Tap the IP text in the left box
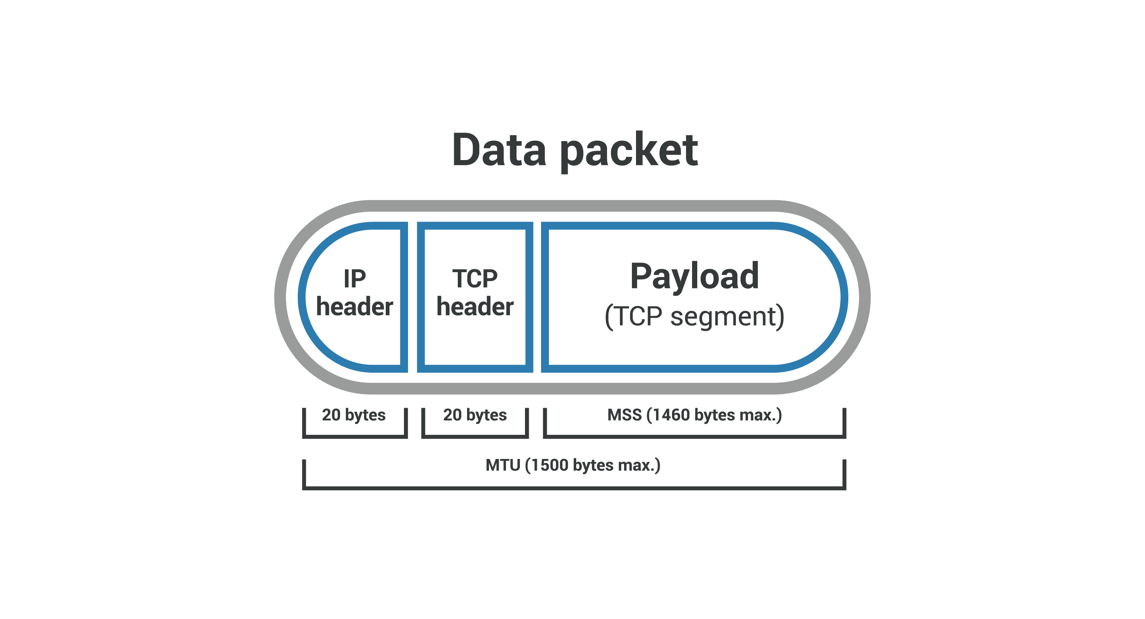pyautogui.click(x=355, y=279)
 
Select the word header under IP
pyautogui.click(x=355, y=307)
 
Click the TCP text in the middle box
pyautogui.click(x=475, y=279)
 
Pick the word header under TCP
pyautogui.click(x=475, y=307)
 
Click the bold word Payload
pyautogui.click(x=694, y=277)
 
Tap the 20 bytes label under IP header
pyautogui.click(x=354, y=415)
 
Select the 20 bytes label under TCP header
pyautogui.click(x=475, y=415)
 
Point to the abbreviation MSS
pyautogui.click(x=624, y=415)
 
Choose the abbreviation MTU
pyautogui.click(x=503, y=465)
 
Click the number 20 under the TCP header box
pyautogui.click(x=453, y=415)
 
